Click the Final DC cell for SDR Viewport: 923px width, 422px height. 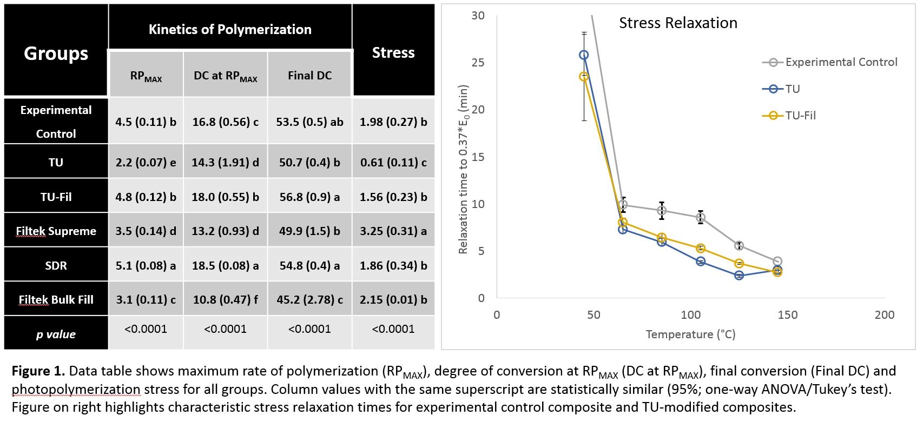coord(309,265)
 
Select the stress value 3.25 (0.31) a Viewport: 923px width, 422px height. coord(393,231)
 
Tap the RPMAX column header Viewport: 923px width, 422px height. coord(146,76)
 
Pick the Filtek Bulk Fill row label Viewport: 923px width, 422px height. coord(56,299)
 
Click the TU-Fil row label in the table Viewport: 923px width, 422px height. coord(56,197)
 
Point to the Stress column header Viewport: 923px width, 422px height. coord(393,52)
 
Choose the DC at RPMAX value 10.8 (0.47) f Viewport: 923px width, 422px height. coord(225,299)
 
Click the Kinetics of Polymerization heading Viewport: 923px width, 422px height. coord(230,29)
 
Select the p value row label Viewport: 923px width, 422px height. coord(56,334)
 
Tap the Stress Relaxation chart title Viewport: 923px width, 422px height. coord(678,23)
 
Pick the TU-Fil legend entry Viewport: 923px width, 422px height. coord(800,115)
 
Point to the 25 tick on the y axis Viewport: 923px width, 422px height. coord(478,62)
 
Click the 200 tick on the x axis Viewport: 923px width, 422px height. coord(884,314)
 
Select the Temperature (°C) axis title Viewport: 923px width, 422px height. coord(690,334)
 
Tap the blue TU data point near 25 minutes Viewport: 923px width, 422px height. coord(584,55)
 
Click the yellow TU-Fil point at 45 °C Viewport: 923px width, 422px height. coord(584,76)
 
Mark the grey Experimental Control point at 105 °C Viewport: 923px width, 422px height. coord(701,218)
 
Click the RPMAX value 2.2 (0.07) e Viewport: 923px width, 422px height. coord(146,162)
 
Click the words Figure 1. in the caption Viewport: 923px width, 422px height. coord(38,371)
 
